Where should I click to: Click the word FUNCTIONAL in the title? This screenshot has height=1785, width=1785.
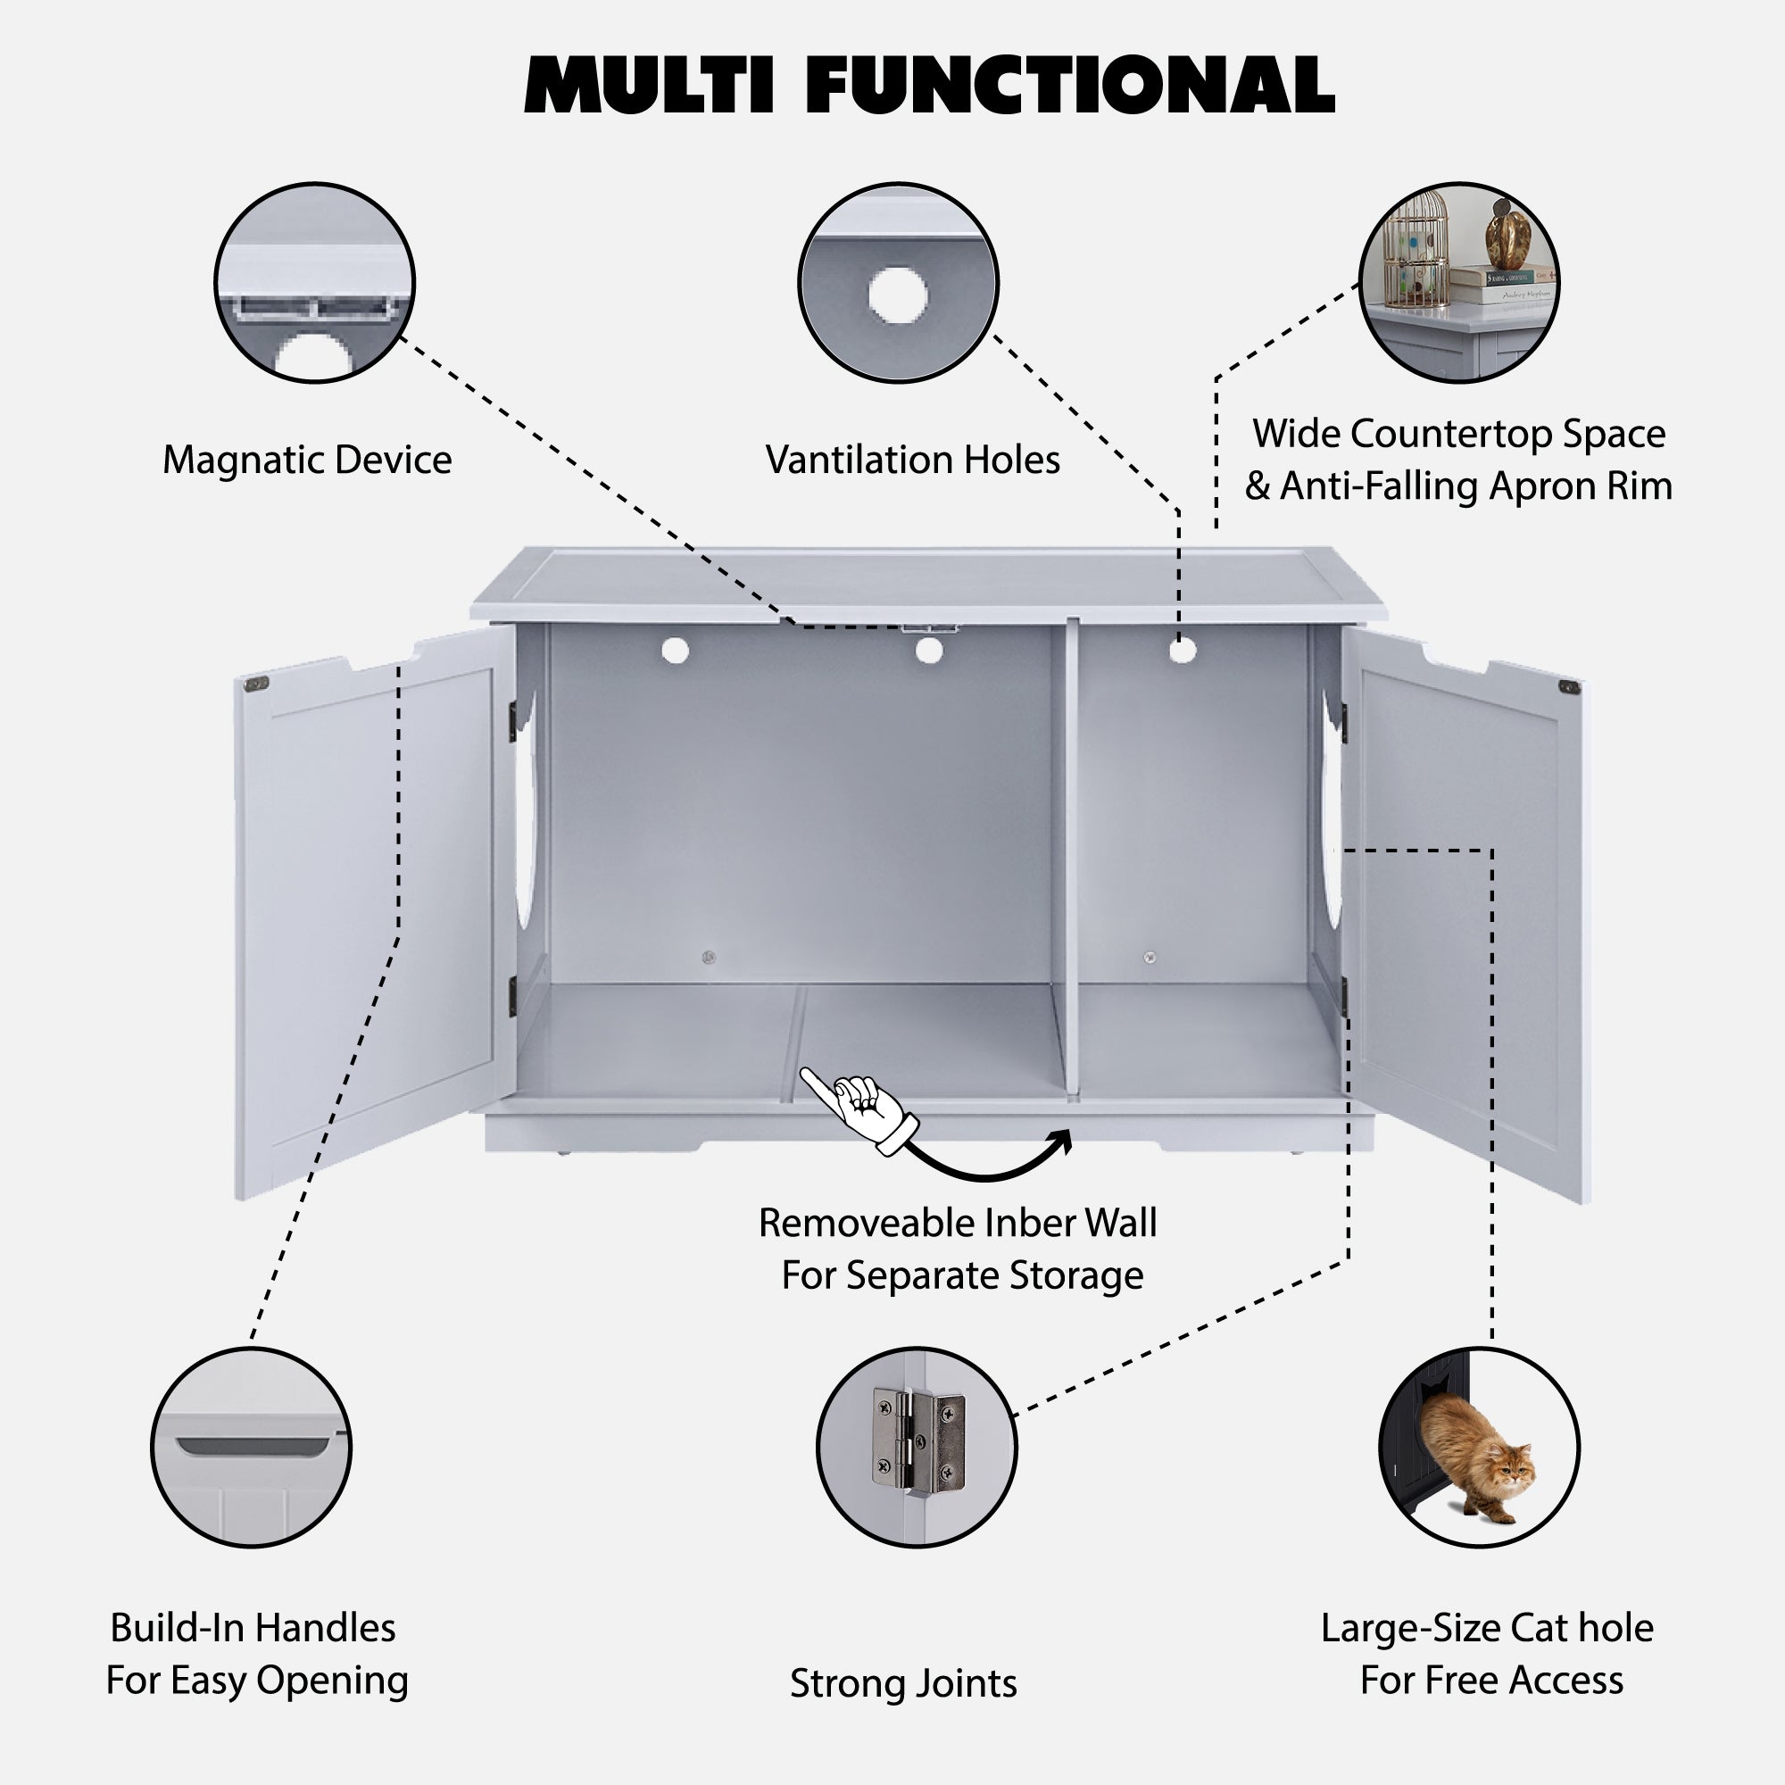[1070, 85]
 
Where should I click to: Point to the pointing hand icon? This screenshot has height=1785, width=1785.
[860, 1109]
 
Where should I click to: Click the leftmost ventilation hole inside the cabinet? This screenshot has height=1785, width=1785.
[676, 651]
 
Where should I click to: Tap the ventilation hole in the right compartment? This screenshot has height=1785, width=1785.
[1182, 651]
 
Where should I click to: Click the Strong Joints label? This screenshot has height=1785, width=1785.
[902, 1683]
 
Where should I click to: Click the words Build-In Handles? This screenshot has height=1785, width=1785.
[253, 1628]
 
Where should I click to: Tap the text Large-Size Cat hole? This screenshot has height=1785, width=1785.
[1487, 1628]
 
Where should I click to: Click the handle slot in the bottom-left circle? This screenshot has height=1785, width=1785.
[253, 1444]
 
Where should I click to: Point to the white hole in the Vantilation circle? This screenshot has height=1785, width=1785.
[897, 295]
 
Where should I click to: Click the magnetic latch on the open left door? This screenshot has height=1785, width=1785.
[256, 685]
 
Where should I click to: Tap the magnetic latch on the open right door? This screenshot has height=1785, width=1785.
[1568, 686]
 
